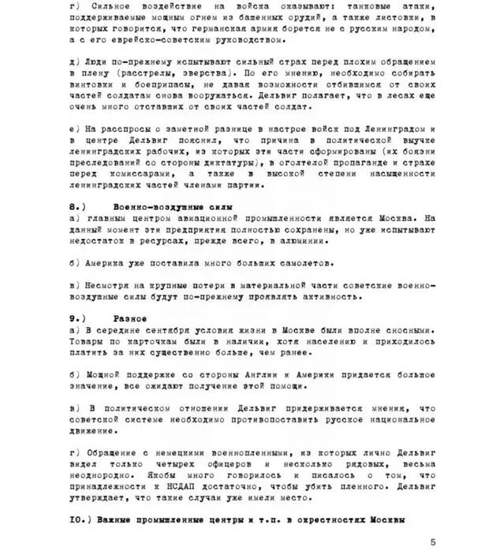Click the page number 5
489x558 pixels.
(x=433, y=541)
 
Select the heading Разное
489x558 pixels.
(x=129, y=318)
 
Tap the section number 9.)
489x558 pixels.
(x=77, y=318)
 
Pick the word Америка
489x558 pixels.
(x=100, y=262)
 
